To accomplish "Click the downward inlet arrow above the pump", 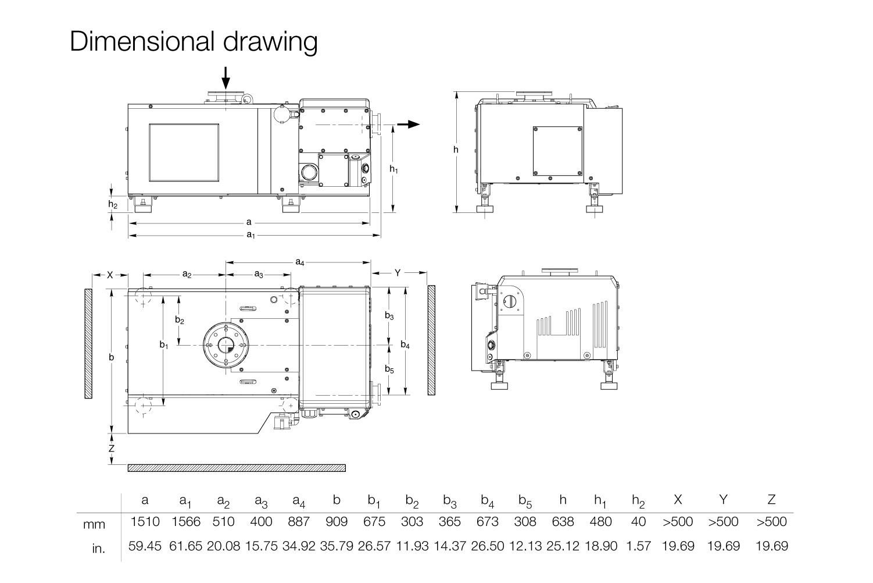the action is pyautogui.click(x=226, y=78).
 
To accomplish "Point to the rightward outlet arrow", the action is pyautogui.click(x=409, y=125).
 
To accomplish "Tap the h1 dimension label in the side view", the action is pyautogui.click(x=394, y=169).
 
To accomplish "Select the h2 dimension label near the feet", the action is pyautogui.click(x=113, y=204).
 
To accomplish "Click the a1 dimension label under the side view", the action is pyautogui.click(x=251, y=235).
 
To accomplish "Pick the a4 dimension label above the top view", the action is pyautogui.click(x=300, y=262).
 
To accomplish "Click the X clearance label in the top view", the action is pyautogui.click(x=110, y=275).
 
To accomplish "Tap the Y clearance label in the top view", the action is pyautogui.click(x=398, y=273).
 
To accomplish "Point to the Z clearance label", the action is pyautogui.click(x=112, y=449).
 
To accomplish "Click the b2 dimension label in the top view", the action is pyautogui.click(x=179, y=320).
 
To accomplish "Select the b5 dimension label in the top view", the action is pyautogui.click(x=389, y=369).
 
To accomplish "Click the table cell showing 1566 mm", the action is pyautogui.click(x=186, y=521).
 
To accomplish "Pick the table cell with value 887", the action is pyautogui.click(x=299, y=521).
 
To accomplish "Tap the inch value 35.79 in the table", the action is pyautogui.click(x=337, y=546).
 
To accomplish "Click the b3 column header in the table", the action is pyautogui.click(x=450, y=501).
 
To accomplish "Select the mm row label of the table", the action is pyautogui.click(x=94, y=524).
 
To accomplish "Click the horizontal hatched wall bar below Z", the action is pyautogui.click(x=237, y=468).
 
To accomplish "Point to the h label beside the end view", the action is pyautogui.click(x=456, y=150).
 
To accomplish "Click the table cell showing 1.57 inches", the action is pyautogui.click(x=638, y=546).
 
